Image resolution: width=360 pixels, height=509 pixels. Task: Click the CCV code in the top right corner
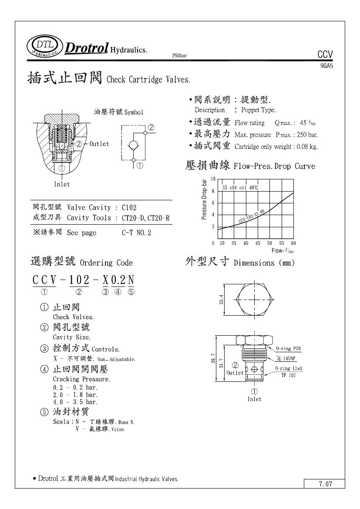tap(325, 55)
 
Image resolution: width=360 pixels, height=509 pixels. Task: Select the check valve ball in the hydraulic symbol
tap(134, 144)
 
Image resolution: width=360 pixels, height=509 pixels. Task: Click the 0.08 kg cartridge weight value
tap(307, 147)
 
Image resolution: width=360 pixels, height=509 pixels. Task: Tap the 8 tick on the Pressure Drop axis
tap(213, 191)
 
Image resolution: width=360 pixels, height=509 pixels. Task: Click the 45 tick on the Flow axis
tap(258, 243)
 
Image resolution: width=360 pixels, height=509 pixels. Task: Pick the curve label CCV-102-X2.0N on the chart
tap(252, 216)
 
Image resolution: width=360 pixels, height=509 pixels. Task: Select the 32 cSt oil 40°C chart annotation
tap(240, 188)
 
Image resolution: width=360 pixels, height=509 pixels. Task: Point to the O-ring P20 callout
tap(288, 349)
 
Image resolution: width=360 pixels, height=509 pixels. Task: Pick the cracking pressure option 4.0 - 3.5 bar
tap(75, 402)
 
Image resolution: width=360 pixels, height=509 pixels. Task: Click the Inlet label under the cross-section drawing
tap(62, 184)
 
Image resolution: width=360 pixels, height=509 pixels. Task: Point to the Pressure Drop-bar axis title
tap(204, 200)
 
